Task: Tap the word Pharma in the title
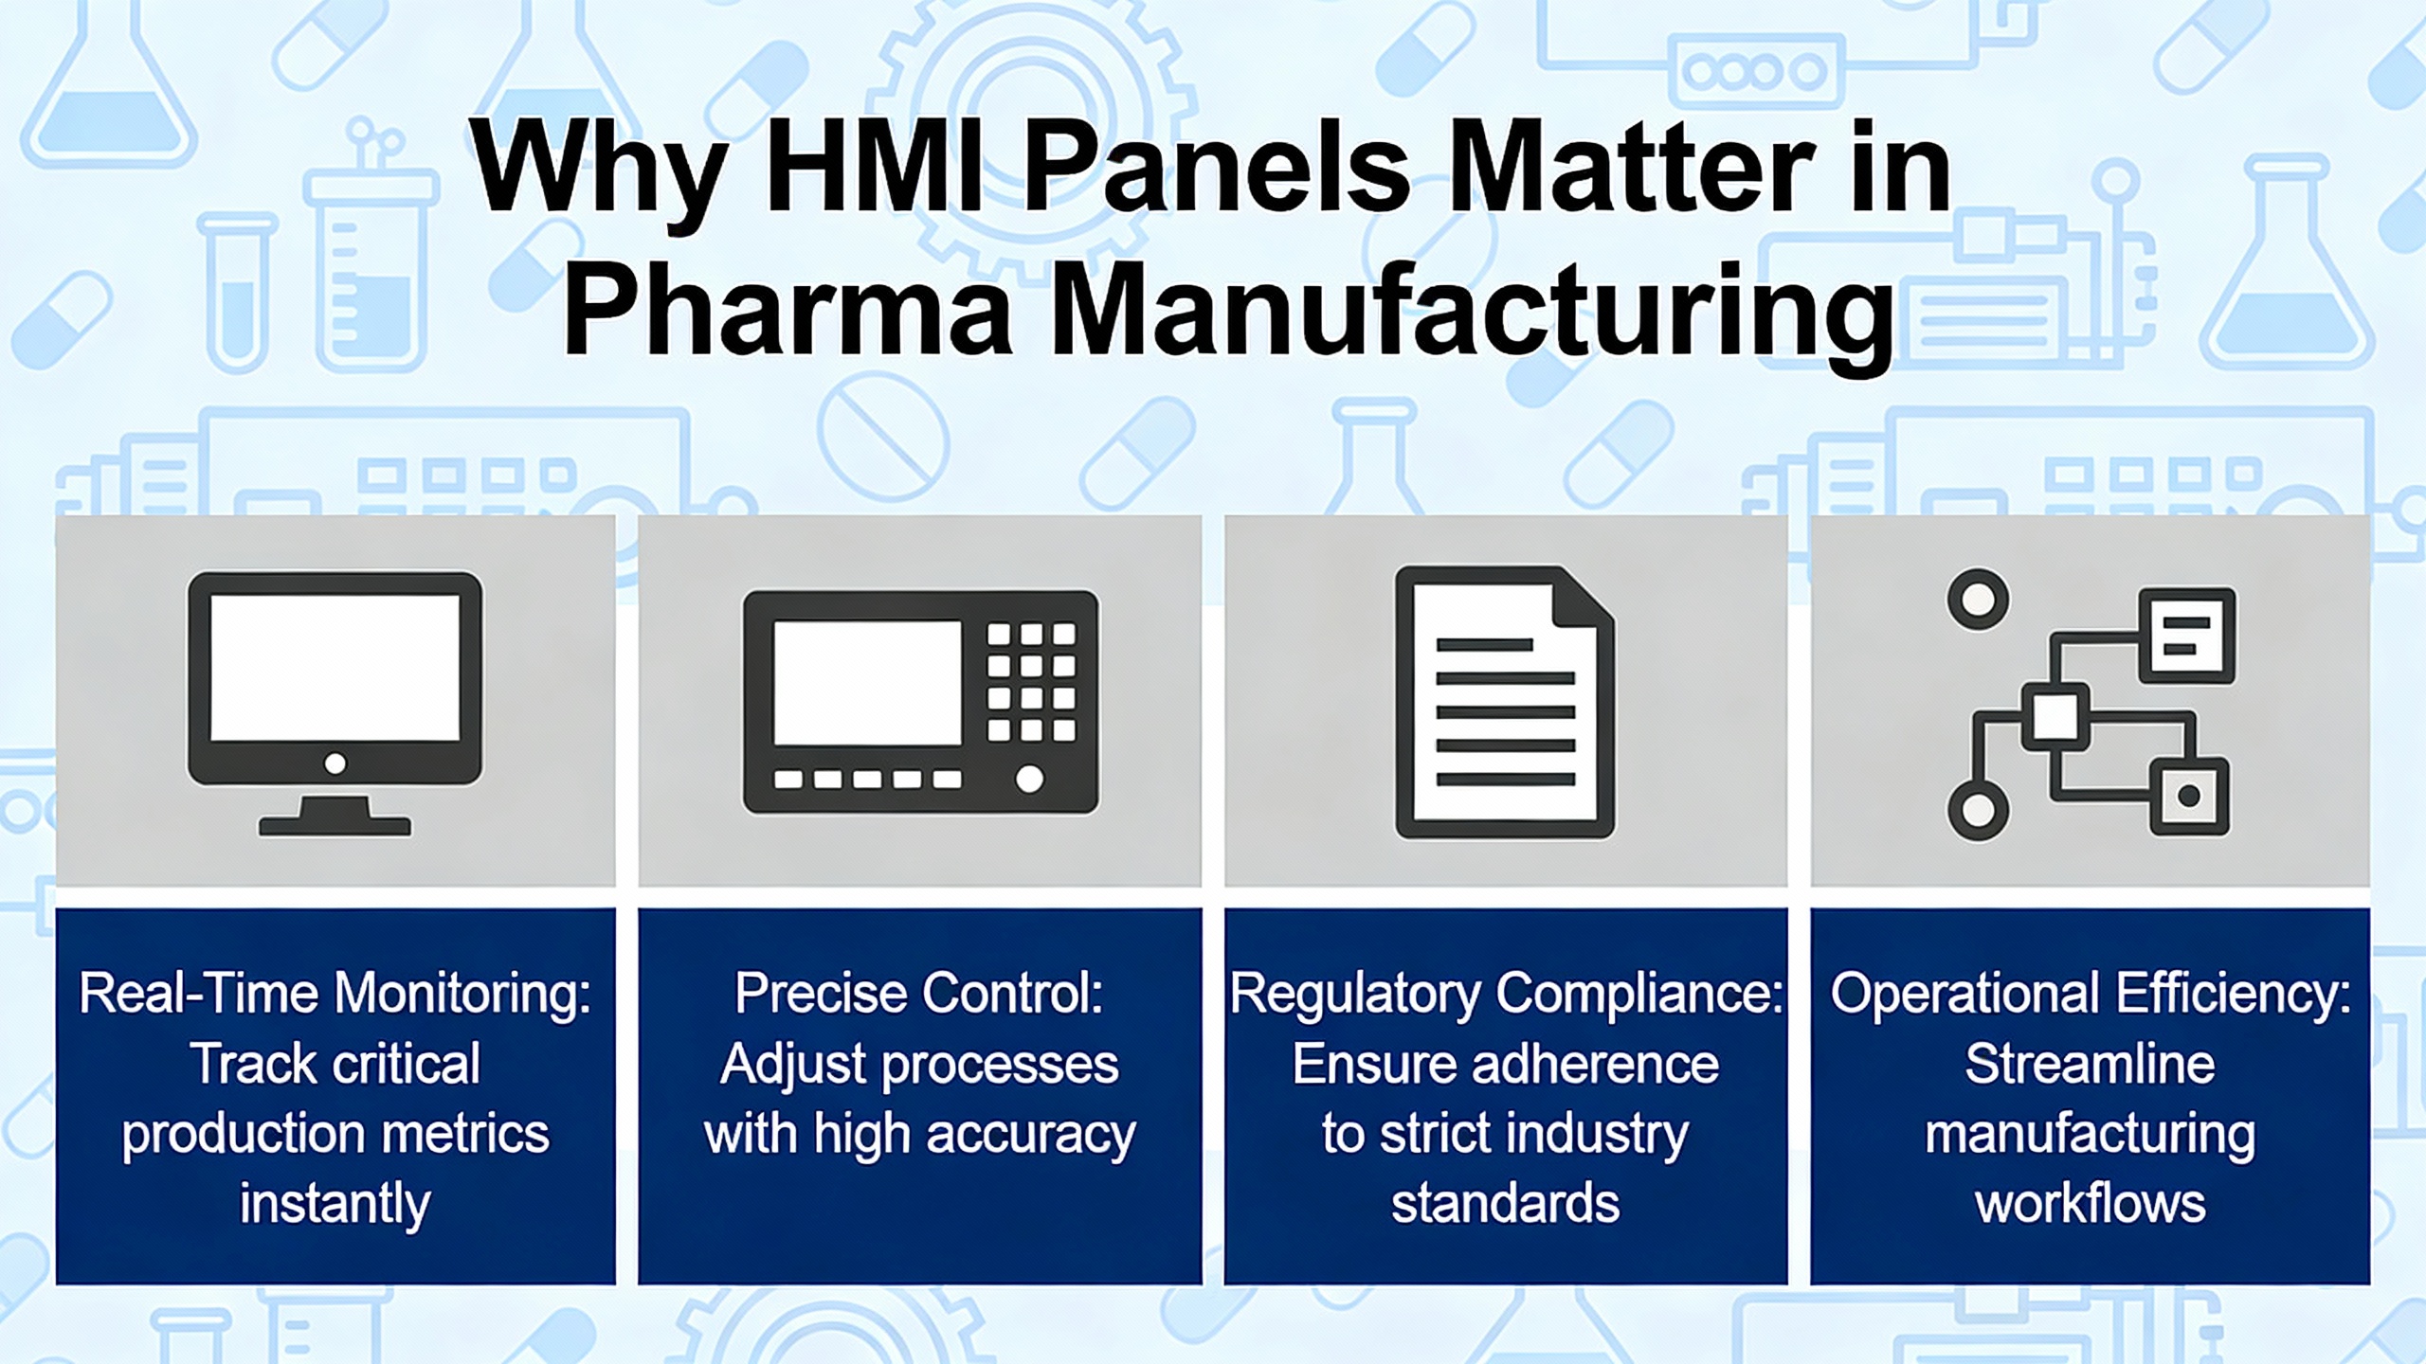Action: [788, 313]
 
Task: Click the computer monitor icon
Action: [335, 703]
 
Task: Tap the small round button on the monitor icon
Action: [335, 763]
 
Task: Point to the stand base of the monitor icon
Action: [335, 826]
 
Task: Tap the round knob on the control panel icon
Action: [1030, 779]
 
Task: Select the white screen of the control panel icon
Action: [867, 682]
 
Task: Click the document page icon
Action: [1505, 702]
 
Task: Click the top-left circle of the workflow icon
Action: [1978, 600]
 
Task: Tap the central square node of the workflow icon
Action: [2056, 716]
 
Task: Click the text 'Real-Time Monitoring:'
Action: [335, 995]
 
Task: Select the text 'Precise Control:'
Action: [919, 995]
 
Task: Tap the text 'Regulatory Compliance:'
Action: [1506, 995]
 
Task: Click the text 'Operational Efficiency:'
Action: [2091, 995]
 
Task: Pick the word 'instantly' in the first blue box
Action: [335, 1205]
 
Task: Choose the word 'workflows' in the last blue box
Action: [2091, 1203]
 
